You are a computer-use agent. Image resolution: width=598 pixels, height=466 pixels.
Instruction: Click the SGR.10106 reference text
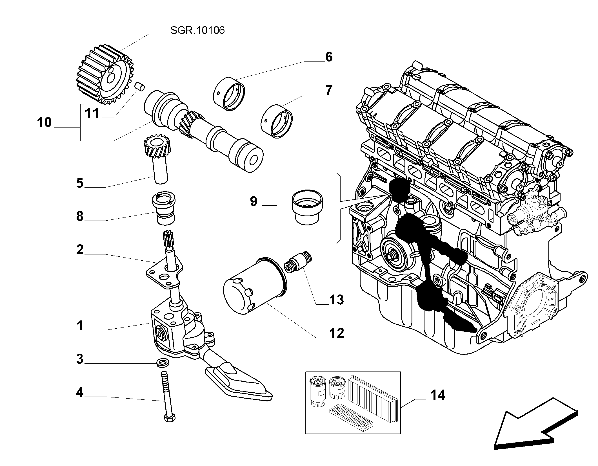pyautogui.click(x=197, y=30)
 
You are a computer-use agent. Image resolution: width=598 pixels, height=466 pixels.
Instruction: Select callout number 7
pyautogui.click(x=329, y=90)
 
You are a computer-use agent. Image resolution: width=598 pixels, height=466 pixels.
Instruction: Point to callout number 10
pyautogui.click(x=45, y=123)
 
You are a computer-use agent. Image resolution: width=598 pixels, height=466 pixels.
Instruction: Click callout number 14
pyautogui.click(x=438, y=395)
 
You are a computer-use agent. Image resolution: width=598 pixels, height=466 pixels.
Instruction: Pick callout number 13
pyautogui.click(x=336, y=300)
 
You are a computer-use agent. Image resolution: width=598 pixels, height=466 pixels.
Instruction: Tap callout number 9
pyautogui.click(x=254, y=202)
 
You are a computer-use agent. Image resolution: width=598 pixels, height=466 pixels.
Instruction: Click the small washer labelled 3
pyautogui.click(x=163, y=363)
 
